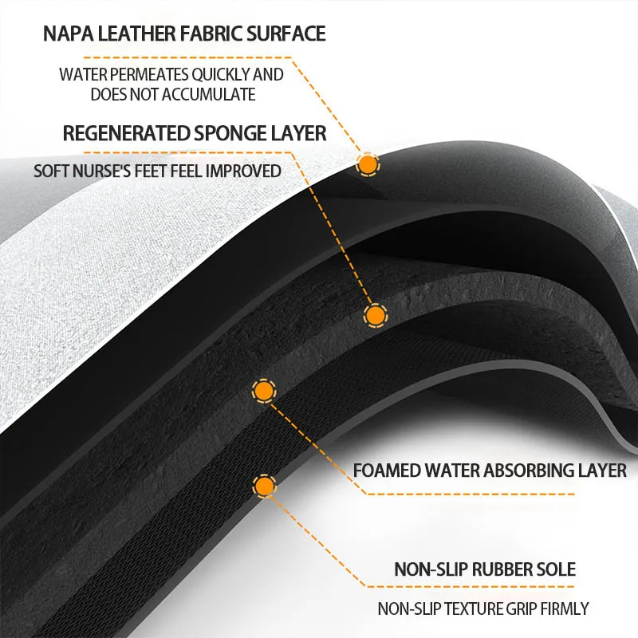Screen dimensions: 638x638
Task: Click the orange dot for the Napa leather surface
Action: [368, 164]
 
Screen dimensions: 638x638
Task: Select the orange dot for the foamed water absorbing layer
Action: [263, 391]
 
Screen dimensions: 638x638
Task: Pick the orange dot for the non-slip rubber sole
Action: [263, 485]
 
